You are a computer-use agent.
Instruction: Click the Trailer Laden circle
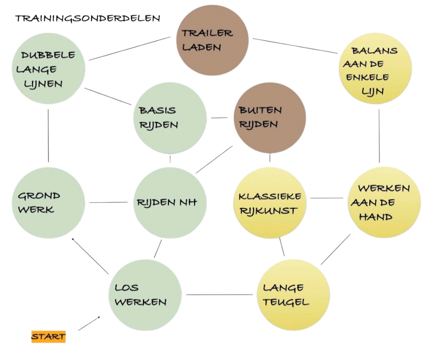212,41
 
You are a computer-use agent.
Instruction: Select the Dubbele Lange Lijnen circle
48,69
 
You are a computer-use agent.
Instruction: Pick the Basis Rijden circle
170,118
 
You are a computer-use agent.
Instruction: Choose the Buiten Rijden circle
270,118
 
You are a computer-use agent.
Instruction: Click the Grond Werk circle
48,202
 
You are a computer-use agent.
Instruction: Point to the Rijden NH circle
170,202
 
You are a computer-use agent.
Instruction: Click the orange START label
48,336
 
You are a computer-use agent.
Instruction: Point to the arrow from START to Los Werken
89,324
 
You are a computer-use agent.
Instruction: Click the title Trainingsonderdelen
88,18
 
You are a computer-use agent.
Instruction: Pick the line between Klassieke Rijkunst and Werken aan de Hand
326,198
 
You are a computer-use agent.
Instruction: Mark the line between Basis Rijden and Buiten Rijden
220,118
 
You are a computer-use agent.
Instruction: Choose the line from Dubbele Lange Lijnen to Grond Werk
48,135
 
